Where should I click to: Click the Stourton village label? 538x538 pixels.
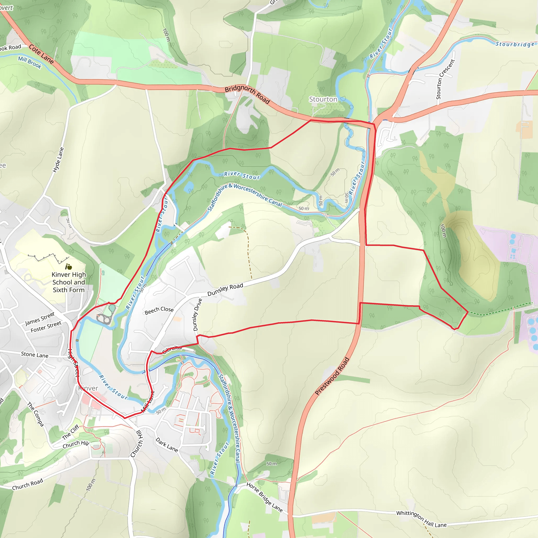coord(323,99)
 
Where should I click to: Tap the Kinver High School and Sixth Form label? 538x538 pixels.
coord(69,282)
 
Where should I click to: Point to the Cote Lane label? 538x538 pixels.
coord(42,54)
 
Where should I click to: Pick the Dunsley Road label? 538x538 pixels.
coord(225,289)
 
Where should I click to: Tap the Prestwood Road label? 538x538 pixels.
coord(332,376)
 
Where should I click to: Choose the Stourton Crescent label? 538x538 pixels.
coord(445,79)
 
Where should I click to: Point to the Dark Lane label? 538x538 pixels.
coord(167,445)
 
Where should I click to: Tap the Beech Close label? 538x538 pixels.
coord(159,311)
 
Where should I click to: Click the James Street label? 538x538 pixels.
coord(40,319)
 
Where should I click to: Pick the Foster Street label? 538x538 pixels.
coord(46,327)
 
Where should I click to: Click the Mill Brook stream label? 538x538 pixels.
coord(30,62)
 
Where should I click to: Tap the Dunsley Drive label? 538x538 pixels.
coord(198,315)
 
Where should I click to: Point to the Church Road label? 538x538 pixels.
coord(28,484)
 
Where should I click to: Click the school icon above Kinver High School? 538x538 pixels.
coord(69,267)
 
